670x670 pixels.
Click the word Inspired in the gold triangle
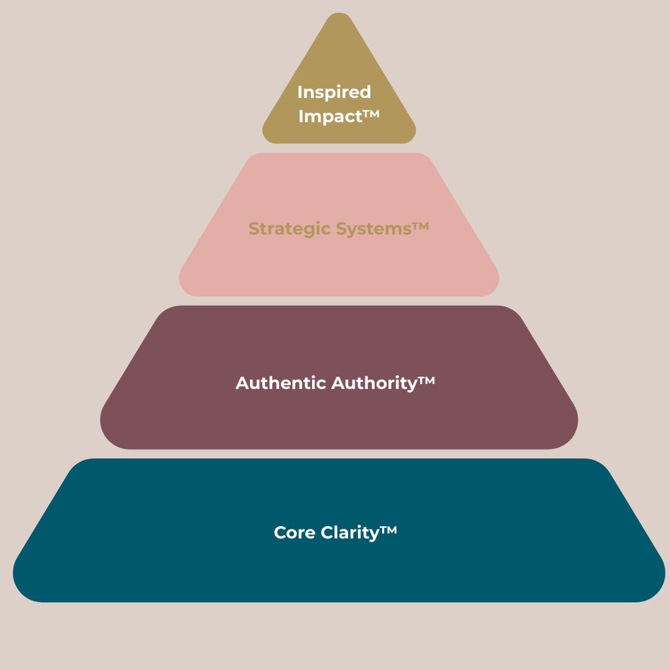coord(334,92)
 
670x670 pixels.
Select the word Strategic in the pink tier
coord(291,229)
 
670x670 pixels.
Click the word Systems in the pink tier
coord(374,229)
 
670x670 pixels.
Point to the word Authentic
coord(281,383)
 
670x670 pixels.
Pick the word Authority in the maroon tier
coord(374,383)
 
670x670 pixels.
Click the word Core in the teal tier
coord(294,533)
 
